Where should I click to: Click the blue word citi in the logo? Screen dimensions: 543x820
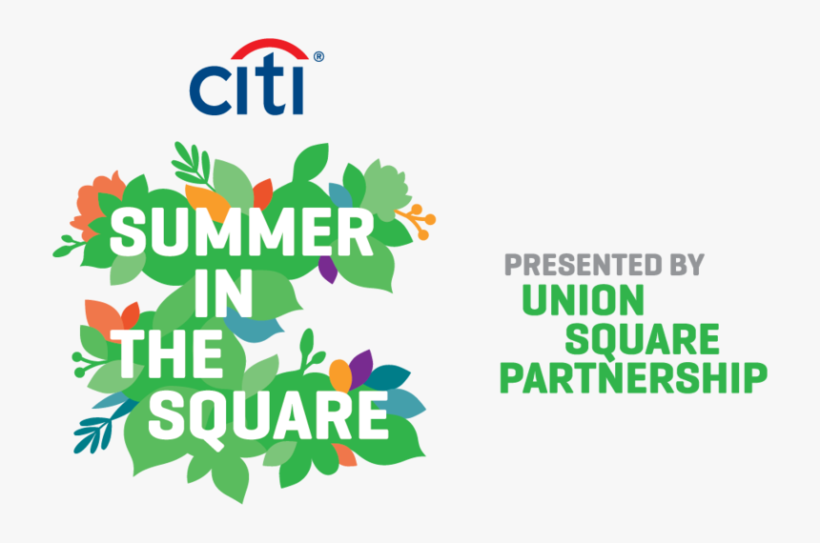246,87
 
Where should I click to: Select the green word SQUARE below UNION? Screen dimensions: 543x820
643,338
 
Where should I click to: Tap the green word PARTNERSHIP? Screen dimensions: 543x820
633,376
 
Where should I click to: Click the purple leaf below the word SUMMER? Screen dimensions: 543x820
327,269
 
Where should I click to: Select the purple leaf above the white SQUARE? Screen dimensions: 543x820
361,367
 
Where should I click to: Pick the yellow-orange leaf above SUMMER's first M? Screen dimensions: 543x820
207,202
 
